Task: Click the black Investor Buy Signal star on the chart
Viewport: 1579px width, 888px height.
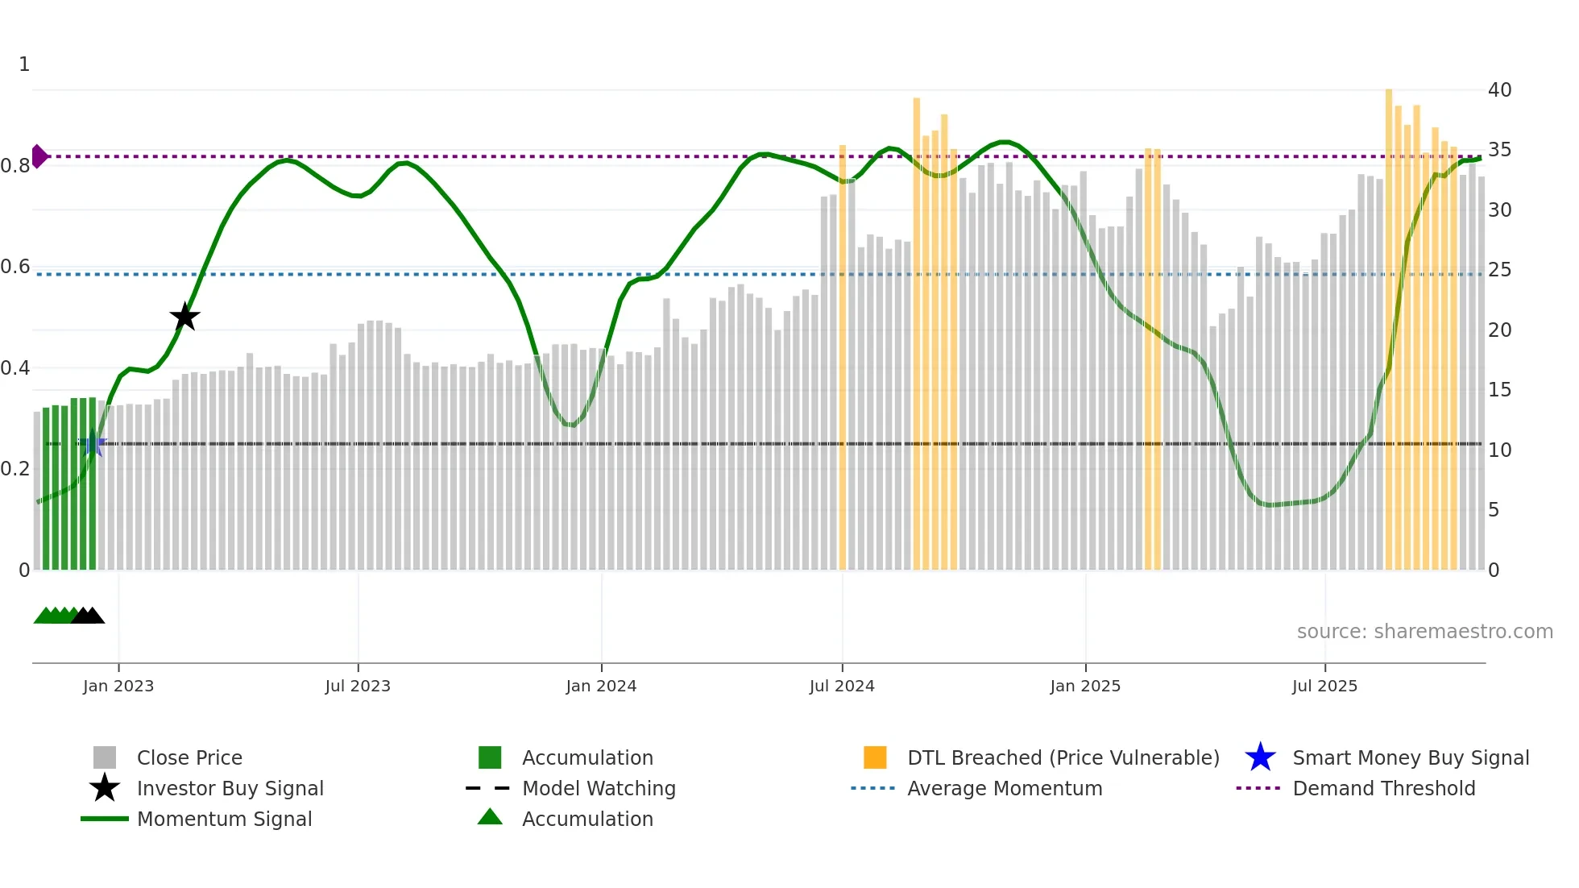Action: [184, 317]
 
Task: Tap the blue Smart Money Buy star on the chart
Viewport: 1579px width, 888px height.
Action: [92, 444]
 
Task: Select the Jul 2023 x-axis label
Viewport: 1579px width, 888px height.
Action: [358, 686]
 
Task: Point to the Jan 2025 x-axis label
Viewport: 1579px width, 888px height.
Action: [1084, 686]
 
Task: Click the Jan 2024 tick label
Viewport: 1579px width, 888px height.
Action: [601, 686]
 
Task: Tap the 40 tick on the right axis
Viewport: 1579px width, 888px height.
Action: [1499, 90]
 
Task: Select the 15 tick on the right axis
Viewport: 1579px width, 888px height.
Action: [1499, 390]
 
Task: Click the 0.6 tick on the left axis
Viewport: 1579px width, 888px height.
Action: [15, 267]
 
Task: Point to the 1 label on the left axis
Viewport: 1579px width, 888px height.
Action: [24, 64]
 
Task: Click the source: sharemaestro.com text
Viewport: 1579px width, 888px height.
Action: [1424, 632]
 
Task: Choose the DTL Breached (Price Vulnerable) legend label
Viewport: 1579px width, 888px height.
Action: [1063, 758]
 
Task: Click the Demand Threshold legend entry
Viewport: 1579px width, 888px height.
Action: [1383, 789]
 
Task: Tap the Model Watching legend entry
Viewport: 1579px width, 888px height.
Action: [599, 789]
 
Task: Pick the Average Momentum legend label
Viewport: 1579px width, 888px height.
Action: [1005, 789]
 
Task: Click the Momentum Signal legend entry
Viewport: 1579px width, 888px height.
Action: [224, 820]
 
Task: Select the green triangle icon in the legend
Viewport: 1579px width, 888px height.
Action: [490, 817]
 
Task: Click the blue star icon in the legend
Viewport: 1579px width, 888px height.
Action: [1260, 757]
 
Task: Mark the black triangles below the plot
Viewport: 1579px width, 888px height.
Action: [88, 616]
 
